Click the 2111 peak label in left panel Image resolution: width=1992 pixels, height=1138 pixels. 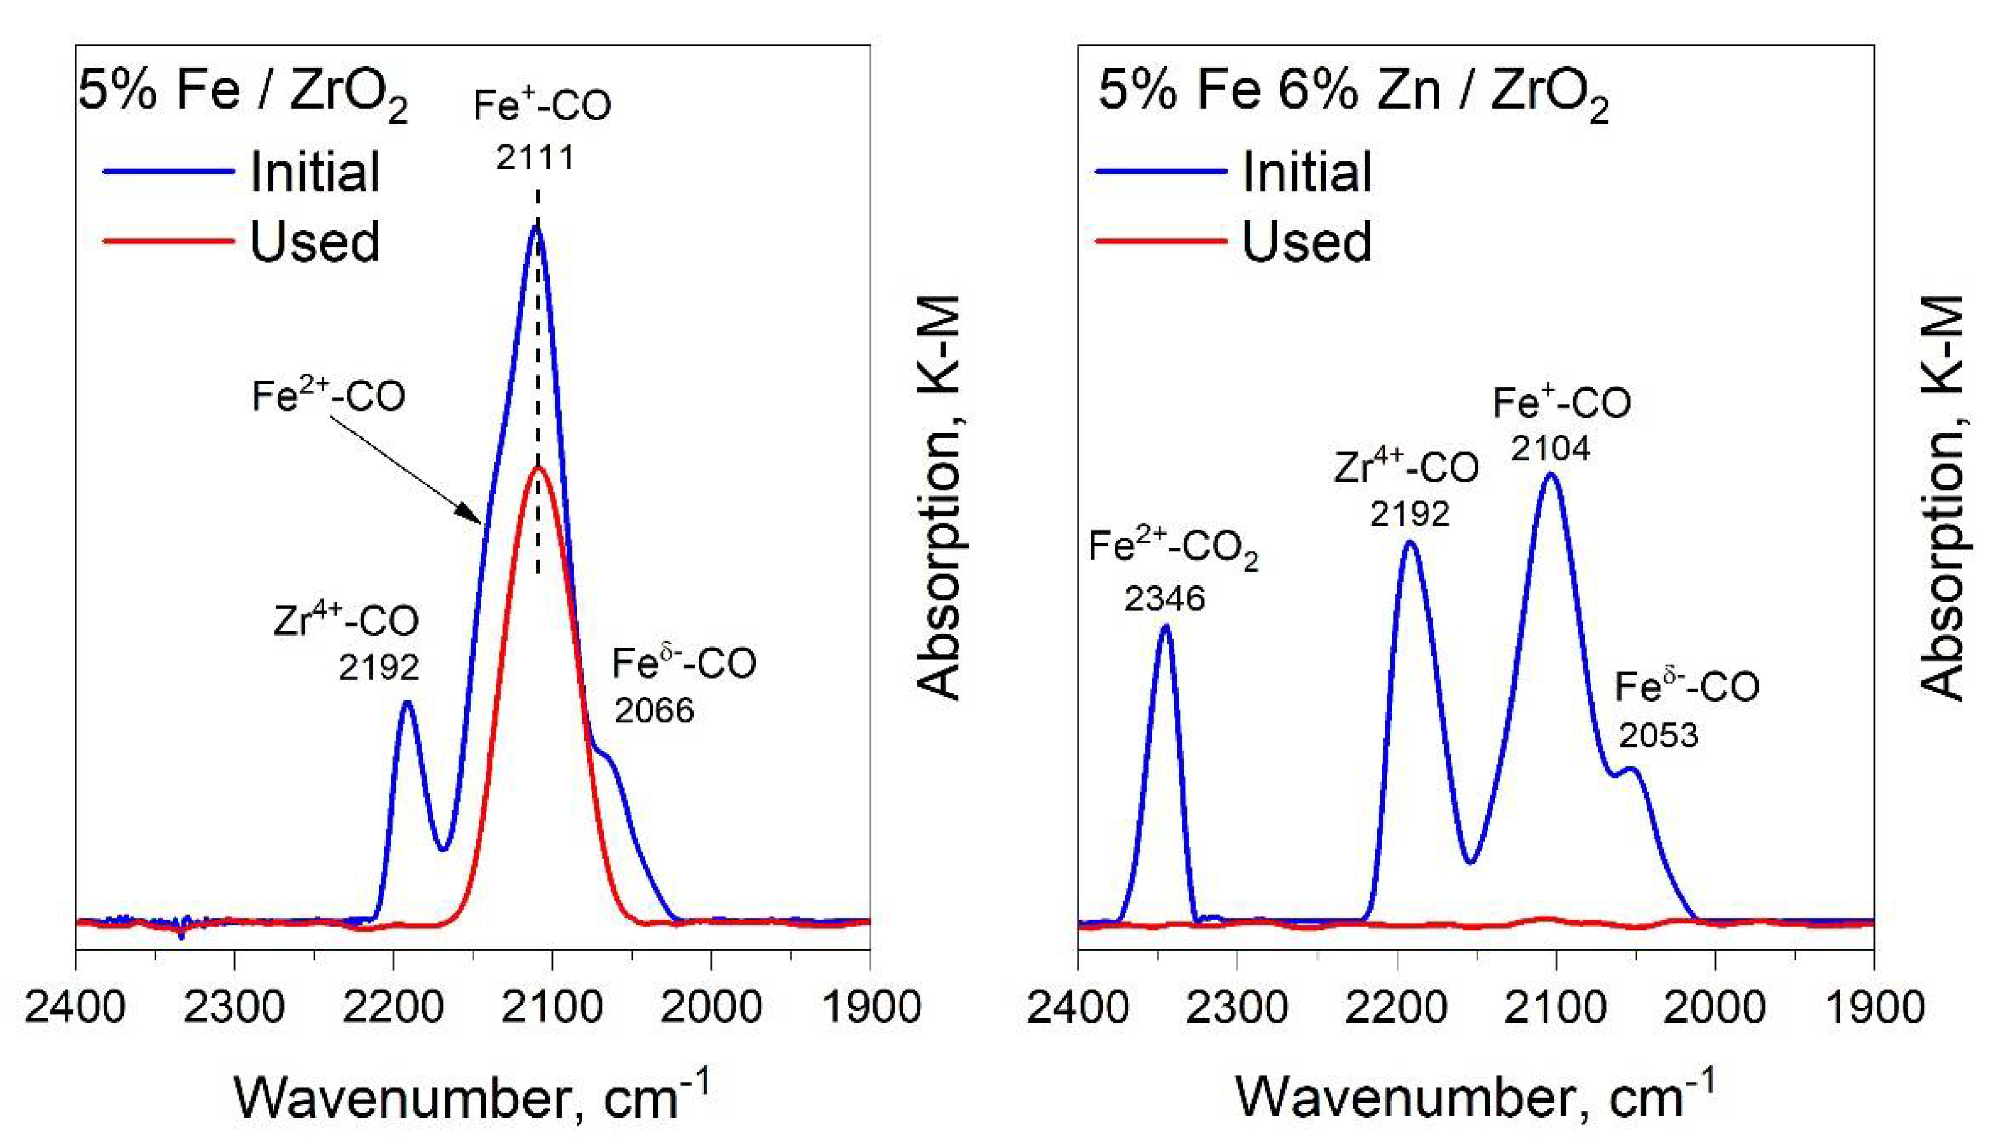point(535,158)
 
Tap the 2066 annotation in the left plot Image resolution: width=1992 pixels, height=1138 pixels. point(654,710)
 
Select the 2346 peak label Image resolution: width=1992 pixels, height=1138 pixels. point(1164,598)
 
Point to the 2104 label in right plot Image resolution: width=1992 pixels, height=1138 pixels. point(1551,449)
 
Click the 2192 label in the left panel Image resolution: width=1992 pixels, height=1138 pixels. point(379,667)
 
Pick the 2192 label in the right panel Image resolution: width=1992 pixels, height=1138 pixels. point(1410,514)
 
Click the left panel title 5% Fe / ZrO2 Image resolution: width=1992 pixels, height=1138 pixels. point(242,94)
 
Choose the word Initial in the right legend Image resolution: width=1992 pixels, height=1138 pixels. point(1306,172)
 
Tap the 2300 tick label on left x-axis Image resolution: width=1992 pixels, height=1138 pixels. point(235,1008)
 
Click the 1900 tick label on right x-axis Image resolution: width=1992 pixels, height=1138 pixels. point(1874,1008)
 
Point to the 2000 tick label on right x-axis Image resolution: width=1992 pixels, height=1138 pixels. point(1714,1008)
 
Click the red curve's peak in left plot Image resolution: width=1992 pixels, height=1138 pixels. point(538,467)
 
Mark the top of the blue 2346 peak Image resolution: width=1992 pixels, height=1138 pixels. point(1165,625)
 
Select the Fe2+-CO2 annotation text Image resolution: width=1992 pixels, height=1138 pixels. point(1172,547)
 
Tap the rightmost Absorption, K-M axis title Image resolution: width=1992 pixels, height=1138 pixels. point(1942,497)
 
